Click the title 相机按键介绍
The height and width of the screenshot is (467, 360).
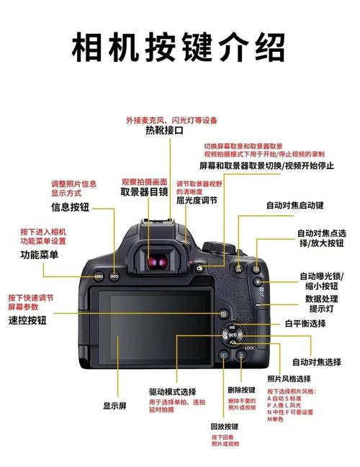(x=179, y=48)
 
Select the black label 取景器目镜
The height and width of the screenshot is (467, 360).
(x=144, y=191)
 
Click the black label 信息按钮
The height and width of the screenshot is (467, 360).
(x=70, y=207)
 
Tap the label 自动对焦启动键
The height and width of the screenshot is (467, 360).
(x=294, y=205)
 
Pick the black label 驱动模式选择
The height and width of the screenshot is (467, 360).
(x=173, y=391)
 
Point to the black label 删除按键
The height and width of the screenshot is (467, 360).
(x=241, y=389)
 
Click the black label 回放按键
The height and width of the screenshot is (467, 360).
(x=225, y=427)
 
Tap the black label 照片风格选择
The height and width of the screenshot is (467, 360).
(x=289, y=378)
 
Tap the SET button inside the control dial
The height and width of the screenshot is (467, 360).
(x=233, y=336)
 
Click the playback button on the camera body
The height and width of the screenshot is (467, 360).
(x=224, y=355)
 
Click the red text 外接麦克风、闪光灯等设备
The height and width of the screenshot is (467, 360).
(x=171, y=119)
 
